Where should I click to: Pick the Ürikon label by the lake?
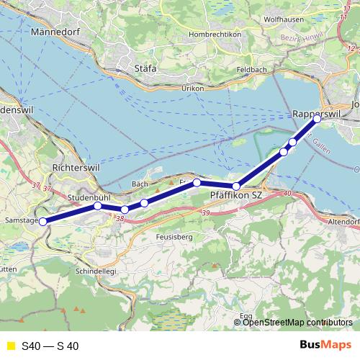coord(192,87)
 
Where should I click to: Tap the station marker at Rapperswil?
coord(318,120)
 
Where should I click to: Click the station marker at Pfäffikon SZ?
coord(236,186)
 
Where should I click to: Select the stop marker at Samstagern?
coord(42,222)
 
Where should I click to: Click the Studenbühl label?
coord(89,197)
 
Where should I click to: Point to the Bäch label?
coord(140,184)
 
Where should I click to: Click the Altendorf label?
coord(343,223)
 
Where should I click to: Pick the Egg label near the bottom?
coord(246,315)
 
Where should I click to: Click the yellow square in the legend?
coord(9,346)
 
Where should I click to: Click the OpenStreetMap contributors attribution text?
coord(297,322)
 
